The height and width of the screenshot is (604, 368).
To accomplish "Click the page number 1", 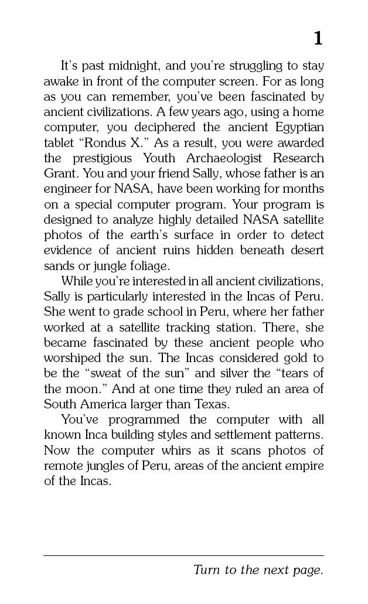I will [x=318, y=39].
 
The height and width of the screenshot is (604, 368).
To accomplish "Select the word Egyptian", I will [x=298, y=127].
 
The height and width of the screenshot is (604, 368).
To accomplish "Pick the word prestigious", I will [x=104, y=158].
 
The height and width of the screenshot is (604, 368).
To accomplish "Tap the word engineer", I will [x=66, y=189].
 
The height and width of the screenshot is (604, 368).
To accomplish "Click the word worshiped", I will [x=71, y=358].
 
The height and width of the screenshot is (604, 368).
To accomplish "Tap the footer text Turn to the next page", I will [x=258, y=569].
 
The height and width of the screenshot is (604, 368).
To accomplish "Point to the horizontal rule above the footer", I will [x=183, y=555].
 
